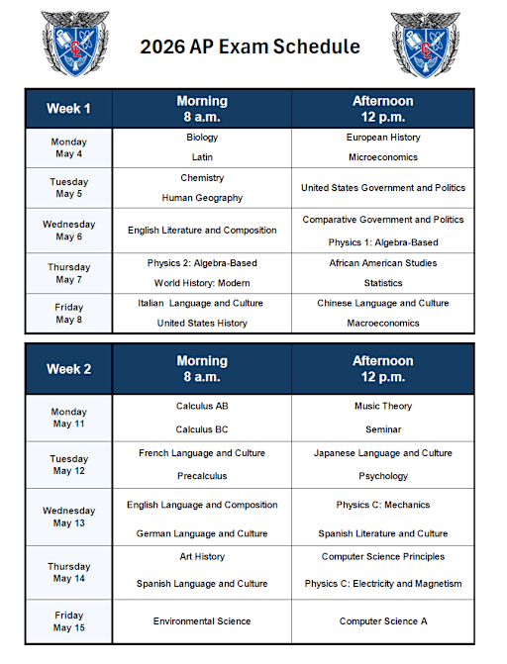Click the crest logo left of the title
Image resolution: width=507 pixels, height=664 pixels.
click(75, 46)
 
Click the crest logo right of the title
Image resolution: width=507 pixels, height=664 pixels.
click(425, 46)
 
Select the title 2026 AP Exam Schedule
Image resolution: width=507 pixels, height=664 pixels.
click(250, 47)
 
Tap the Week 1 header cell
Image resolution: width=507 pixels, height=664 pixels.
click(68, 108)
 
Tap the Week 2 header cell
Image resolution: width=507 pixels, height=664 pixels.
click(68, 368)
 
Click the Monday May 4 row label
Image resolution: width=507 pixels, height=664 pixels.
click(68, 147)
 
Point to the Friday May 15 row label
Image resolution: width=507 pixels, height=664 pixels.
click(68, 621)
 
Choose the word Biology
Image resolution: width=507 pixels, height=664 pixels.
click(202, 138)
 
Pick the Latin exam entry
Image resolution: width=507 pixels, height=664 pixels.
click(202, 157)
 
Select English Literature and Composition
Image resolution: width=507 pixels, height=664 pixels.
click(202, 231)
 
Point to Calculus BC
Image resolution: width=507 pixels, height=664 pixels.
click(202, 429)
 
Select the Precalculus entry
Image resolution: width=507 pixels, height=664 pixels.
click(202, 476)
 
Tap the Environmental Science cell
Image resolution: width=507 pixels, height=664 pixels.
click(202, 621)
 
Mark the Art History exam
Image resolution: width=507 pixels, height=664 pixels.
click(202, 557)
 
